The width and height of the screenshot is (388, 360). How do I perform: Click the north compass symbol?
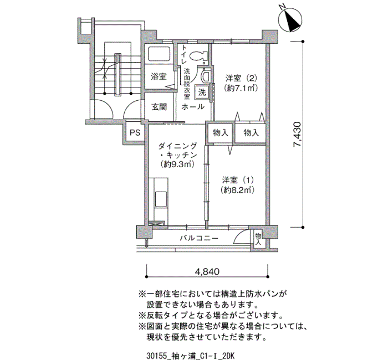coord(290,20)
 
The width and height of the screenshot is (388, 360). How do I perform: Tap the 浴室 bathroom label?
coord(159,76)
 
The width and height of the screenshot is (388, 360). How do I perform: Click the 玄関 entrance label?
coord(159,107)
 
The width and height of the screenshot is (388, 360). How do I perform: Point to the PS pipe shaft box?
coord(135,132)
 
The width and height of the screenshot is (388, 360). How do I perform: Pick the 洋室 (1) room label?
coord(238,180)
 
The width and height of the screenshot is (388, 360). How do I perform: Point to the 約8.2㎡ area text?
coord(238,190)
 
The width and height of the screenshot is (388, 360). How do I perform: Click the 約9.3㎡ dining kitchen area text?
coord(177,164)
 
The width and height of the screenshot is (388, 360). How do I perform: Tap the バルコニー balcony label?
coord(198,238)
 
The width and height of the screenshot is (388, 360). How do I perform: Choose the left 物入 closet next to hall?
coord(219,133)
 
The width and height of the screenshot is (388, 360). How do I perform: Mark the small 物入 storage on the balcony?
coord(258,238)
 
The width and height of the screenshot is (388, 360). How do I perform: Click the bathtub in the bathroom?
coord(161,56)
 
